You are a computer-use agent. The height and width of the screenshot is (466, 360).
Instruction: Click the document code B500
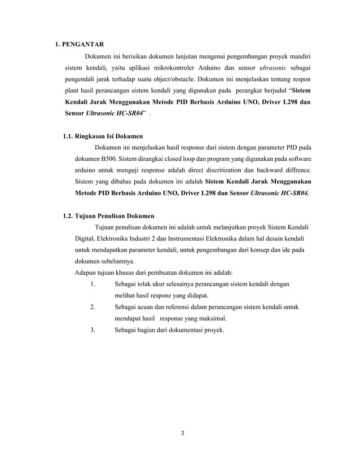coord(112,159)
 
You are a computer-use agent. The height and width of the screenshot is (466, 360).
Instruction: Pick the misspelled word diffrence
coord(296,170)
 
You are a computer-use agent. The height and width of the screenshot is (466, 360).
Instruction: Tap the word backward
coord(264,170)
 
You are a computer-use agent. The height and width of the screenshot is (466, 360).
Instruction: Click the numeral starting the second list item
coord(92,307)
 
